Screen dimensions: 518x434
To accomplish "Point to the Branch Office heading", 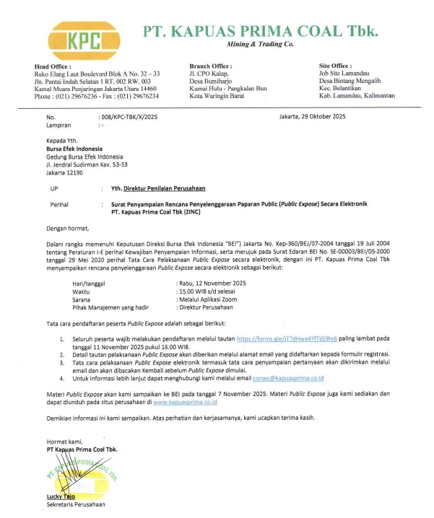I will point(209,66).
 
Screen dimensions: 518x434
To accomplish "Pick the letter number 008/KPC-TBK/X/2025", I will point(128,116).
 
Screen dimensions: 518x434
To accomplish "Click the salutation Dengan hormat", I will point(67,227).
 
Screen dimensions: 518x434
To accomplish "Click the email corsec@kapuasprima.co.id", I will point(285,377).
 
